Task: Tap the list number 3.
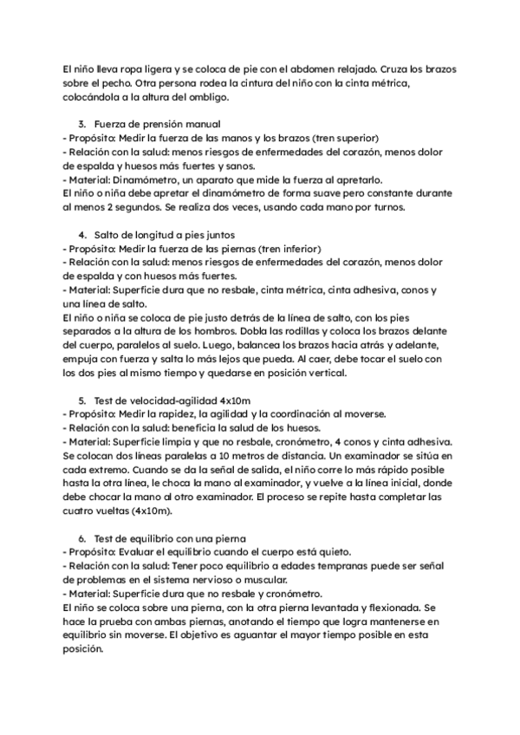coord(82,124)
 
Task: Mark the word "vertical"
coord(322,374)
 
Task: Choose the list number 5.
coord(82,400)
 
